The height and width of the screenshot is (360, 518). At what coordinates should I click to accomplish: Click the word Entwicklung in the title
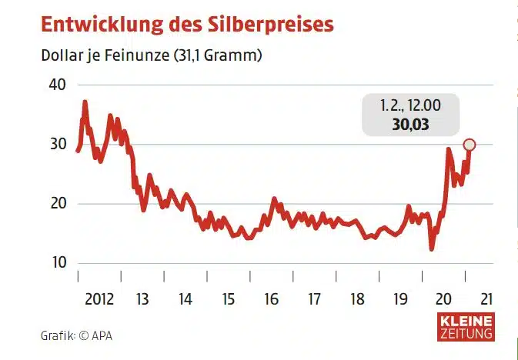pos(96,24)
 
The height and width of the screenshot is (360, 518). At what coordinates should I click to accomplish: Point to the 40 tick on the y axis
pos(58,85)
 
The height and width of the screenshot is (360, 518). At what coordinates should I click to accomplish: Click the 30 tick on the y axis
pos(58,145)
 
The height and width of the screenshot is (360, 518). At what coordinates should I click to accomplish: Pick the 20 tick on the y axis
pos(58,204)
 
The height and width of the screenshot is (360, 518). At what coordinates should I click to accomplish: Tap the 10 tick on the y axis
pos(58,263)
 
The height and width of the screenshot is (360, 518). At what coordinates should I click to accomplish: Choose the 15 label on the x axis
pos(228,297)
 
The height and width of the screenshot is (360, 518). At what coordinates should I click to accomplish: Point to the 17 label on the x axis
pos(314,297)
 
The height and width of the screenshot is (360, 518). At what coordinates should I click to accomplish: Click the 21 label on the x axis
pos(486,297)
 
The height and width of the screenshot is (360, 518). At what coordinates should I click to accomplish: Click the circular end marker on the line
pos(470,145)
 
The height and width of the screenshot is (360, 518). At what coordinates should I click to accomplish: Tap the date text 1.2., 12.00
pos(409,105)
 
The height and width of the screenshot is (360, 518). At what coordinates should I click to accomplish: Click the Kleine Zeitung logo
pos(466,327)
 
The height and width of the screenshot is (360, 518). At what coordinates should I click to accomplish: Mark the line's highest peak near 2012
pos(85,102)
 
